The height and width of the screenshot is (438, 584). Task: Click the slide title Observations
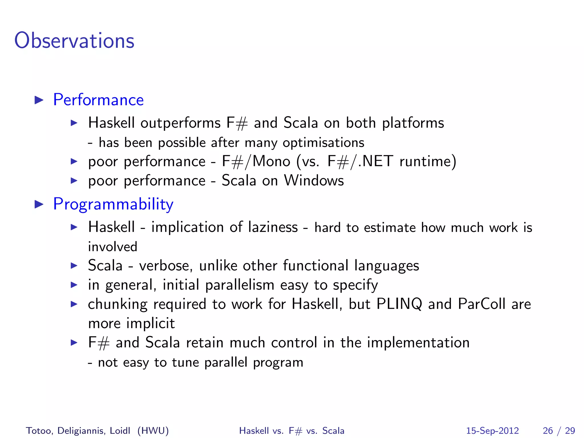[x=74, y=40]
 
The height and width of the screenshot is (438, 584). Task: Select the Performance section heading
[x=98, y=100]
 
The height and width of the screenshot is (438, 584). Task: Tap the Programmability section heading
[x=113, y=204]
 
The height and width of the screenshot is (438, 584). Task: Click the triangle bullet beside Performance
[x=39, y=100]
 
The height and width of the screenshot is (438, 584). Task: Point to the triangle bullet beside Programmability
[x=39, y=204]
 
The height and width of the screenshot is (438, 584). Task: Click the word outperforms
[x=180, y=123]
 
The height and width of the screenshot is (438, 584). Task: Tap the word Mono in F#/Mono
[x=271, y=161]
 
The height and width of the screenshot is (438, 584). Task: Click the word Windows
[x=314, y=181]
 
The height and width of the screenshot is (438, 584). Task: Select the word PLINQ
[x=399, y=304]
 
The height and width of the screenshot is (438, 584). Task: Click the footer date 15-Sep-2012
[x=492, y=431]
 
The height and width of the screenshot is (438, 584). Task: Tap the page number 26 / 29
[x=559, y=431]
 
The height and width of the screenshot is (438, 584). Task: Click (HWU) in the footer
[x=153, y=431]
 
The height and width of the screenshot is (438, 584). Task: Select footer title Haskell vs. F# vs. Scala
[x=291, y=431]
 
